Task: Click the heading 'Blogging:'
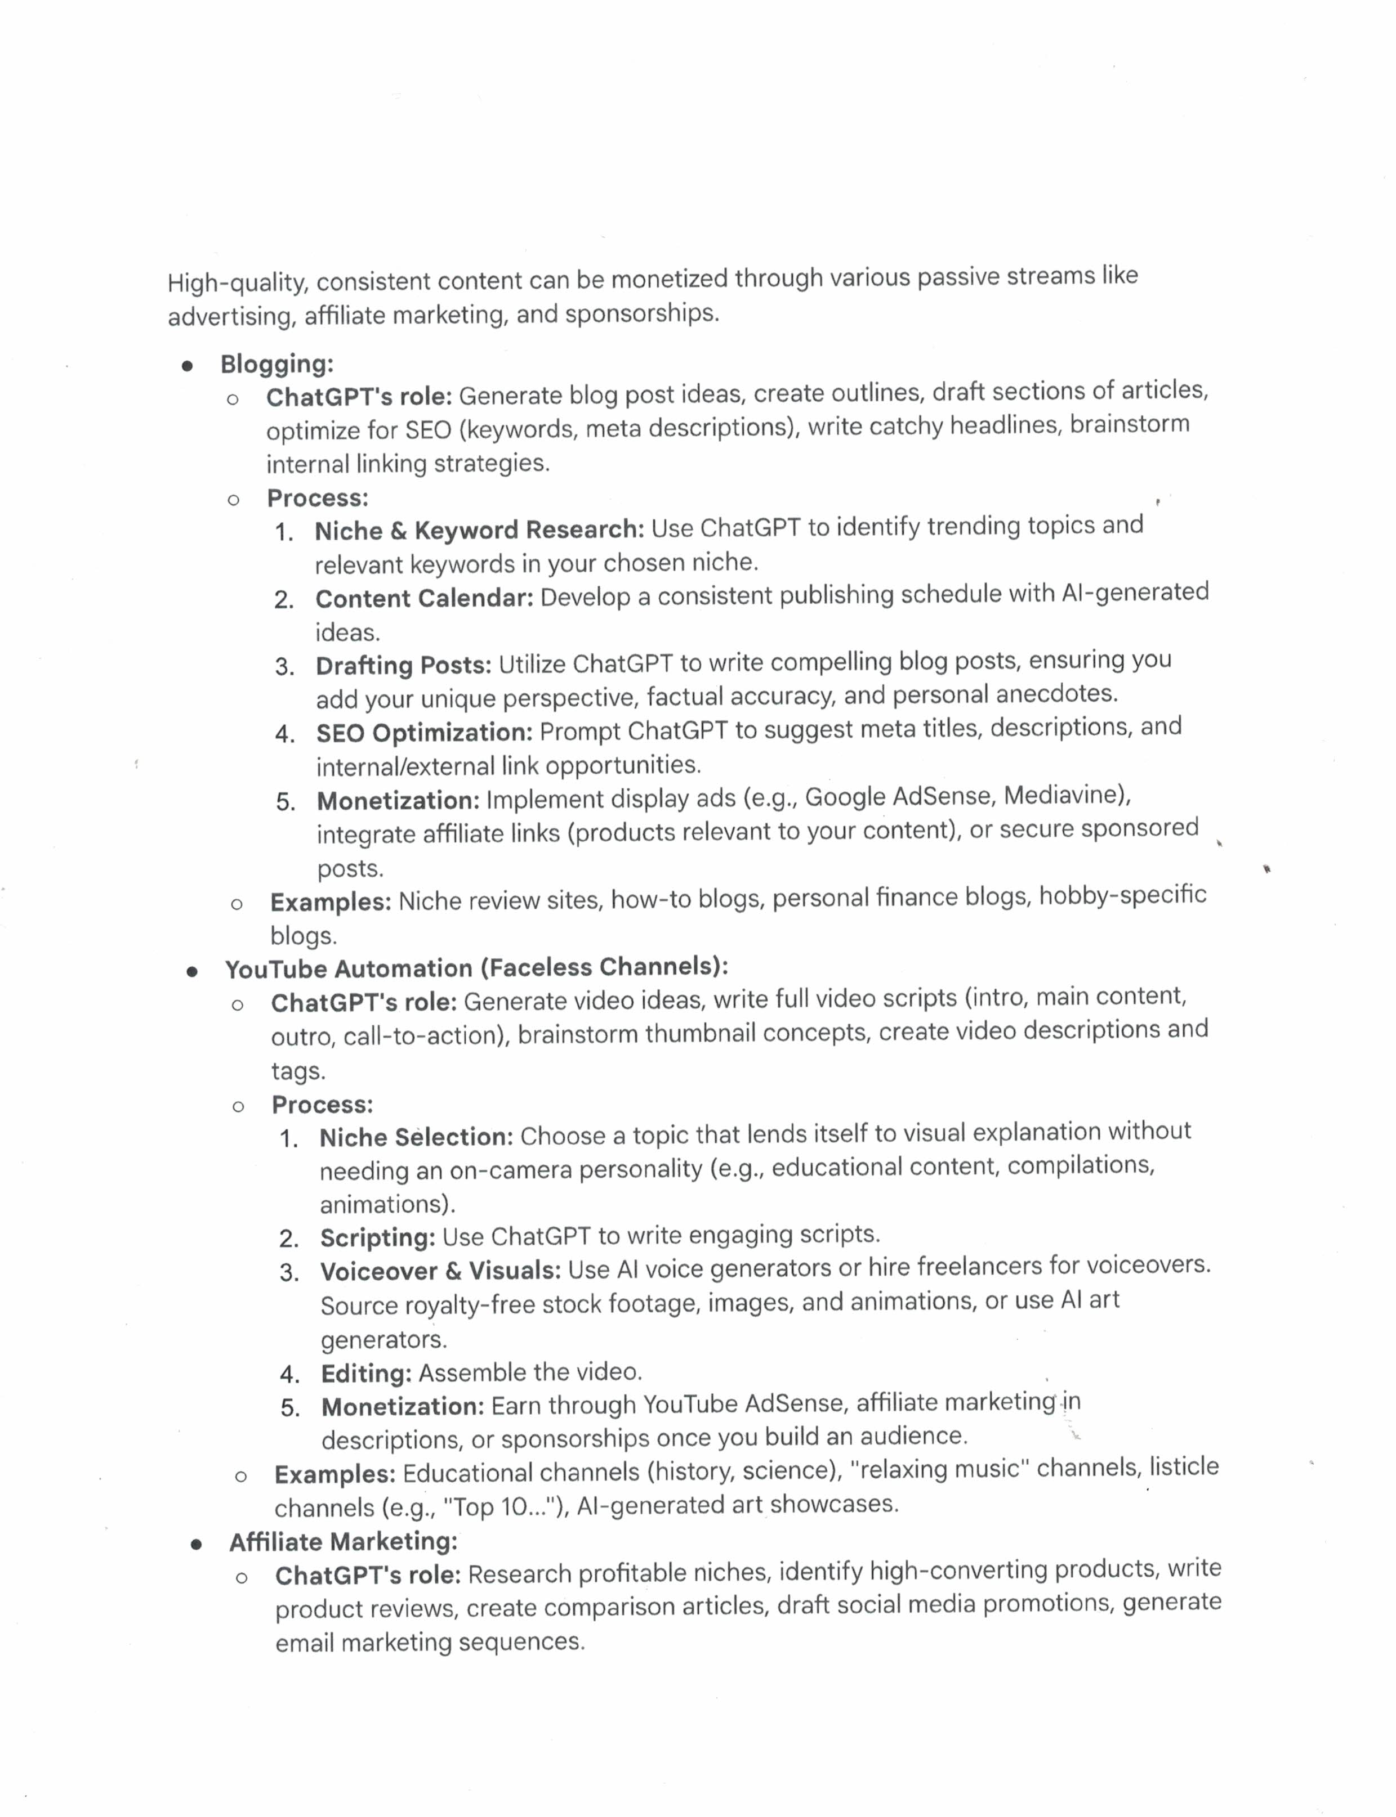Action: point(276,364)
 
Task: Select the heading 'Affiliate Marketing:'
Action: point(343,1542)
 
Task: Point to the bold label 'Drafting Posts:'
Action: point(403,665)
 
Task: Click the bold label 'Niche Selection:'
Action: point(416,1137)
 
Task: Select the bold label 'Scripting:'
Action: point(377,1237)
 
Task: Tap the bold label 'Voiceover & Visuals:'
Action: point(440,1271)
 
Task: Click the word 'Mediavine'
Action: point(1065,796)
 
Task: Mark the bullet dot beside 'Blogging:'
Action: point(188,365)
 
